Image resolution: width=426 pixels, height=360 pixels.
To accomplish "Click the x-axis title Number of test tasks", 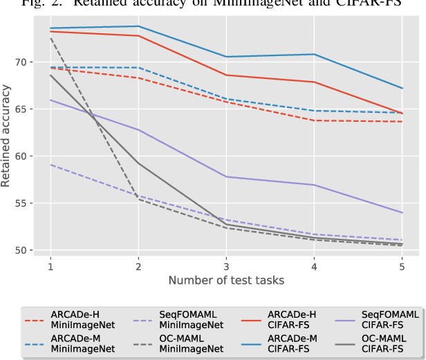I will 226,280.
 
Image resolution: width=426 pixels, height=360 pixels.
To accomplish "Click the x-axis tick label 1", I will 50,266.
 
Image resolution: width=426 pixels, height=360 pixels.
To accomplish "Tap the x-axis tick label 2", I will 138,266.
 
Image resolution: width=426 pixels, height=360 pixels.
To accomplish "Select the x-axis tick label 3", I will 226,266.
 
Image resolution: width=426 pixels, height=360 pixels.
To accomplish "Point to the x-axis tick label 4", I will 314,266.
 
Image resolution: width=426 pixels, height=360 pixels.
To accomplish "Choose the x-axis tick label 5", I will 402,266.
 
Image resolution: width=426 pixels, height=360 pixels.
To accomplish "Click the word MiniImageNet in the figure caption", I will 267,3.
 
